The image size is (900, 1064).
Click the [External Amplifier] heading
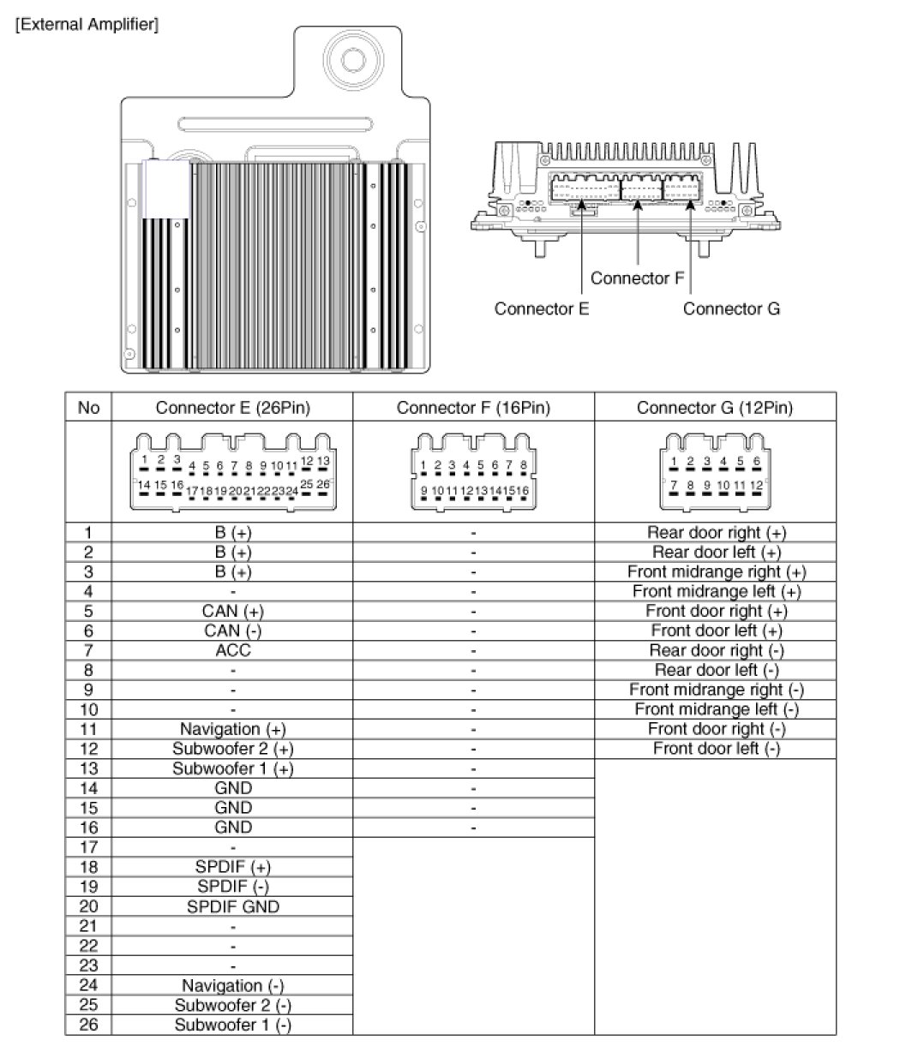[87, 25]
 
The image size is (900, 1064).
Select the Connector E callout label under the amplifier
[541, 308]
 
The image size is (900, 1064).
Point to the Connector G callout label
[731, 308]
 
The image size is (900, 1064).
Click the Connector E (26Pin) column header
[232, 408]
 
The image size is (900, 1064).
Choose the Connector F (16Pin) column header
[473, 408]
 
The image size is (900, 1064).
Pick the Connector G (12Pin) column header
[715, 408]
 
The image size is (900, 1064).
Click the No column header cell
[88, 408]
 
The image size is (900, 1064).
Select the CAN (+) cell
[232, 611]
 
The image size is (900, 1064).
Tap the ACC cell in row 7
[232, 650]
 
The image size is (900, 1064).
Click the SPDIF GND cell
[232, 906]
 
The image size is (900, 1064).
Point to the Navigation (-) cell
[232, 986]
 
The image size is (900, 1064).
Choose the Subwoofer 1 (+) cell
[232, 768]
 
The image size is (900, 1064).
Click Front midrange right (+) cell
[716, 571]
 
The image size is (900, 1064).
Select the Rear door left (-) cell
[716, 670]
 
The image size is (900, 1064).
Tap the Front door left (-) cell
[716, 749]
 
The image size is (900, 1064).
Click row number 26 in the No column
[88, 1025]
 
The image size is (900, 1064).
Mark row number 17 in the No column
[88, 847]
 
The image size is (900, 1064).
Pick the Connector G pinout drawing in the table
[715, 473]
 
